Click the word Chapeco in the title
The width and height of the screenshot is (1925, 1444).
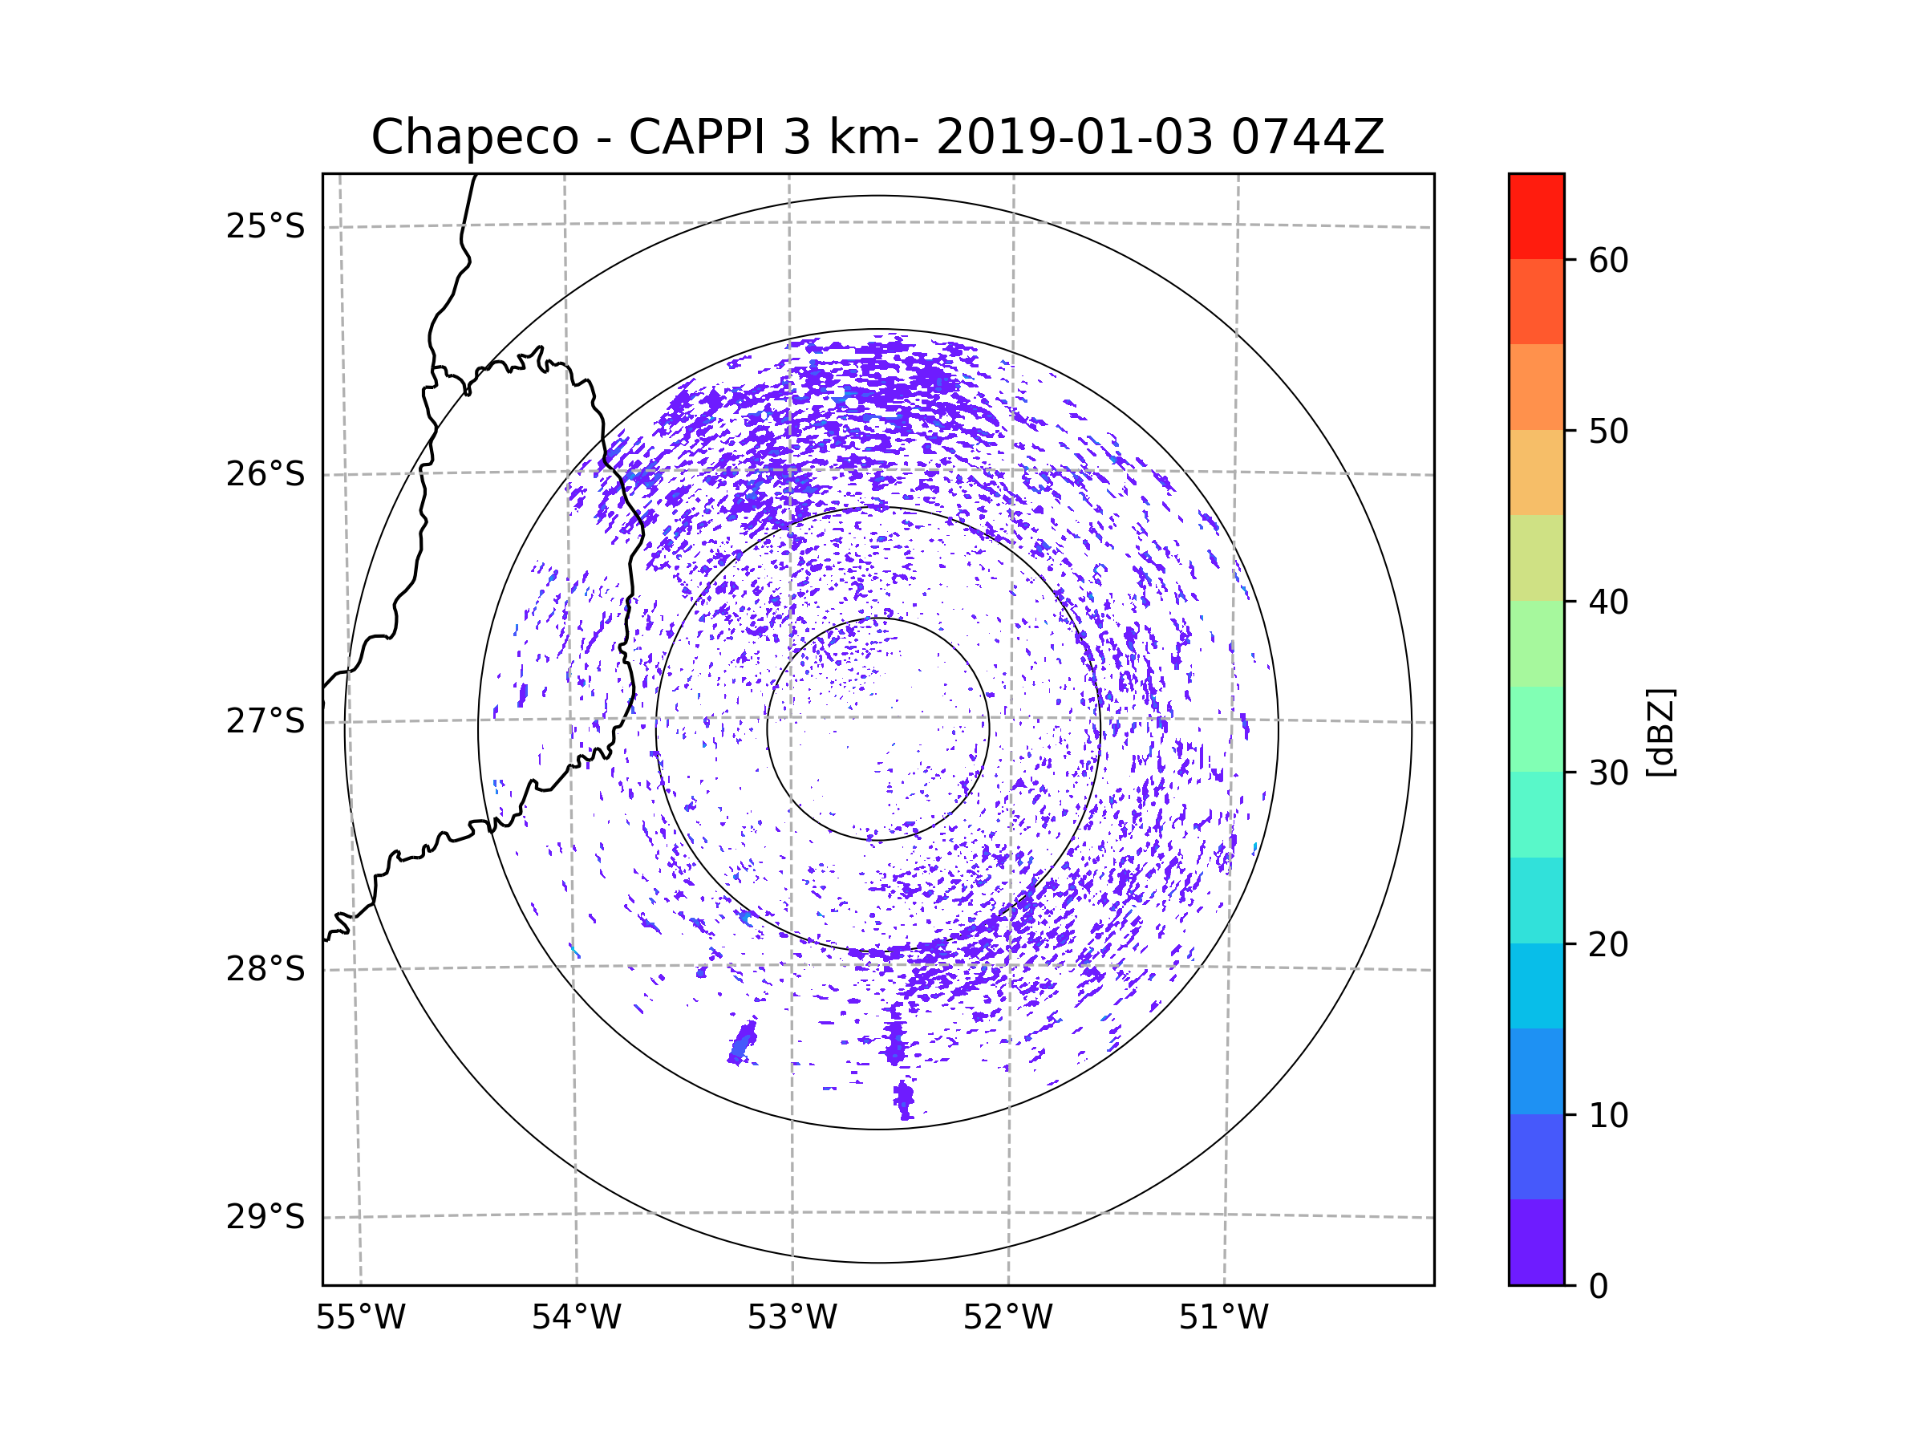pos(475,137)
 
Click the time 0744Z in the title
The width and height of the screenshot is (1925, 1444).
pos(1307,137)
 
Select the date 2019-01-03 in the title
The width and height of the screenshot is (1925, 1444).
pos(1074,137)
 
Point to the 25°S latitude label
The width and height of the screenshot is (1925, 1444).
pos(265,226)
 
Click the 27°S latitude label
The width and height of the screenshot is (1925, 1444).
pos(265,721)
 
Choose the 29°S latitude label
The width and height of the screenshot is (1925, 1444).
pos(265,1217)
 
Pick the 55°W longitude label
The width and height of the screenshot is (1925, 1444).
pos(360,1318)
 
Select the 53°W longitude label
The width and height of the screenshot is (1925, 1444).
pos(792,1318)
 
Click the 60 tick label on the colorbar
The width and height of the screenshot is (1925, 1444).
pos(1608,260)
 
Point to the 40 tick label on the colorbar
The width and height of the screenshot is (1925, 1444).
pos(1608,602)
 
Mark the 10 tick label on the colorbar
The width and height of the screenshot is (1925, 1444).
pos(1608,1115)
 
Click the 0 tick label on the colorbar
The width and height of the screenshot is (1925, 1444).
pos(1599,1287)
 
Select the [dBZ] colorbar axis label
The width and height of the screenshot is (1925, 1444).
pos(1661,732)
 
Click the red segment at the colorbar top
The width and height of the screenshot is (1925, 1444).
pos(1536,217)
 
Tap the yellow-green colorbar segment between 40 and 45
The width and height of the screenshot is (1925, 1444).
pos(1536,558)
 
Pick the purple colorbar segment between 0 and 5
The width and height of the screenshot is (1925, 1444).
pos(1536,1242)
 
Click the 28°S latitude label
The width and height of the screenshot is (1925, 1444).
pos(265,969)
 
